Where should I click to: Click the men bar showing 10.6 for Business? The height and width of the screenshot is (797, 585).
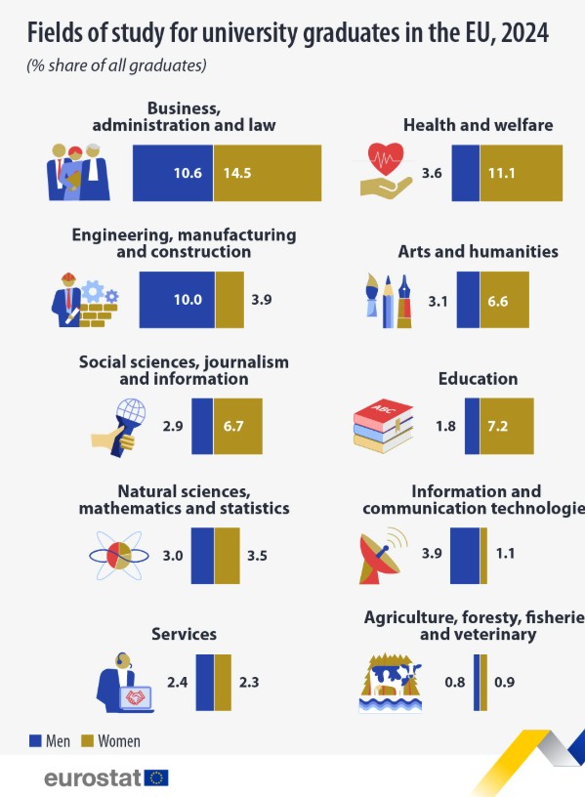click(173, 173)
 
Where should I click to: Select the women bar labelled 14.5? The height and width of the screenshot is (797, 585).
click(268, 173)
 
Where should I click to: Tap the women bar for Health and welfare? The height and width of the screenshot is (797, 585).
click(522, 173)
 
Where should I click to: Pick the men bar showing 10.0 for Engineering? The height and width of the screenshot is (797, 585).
click(177, 300)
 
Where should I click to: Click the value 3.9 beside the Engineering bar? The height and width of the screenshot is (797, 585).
click(261, 300)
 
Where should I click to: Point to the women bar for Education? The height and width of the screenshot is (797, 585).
click(507, 426)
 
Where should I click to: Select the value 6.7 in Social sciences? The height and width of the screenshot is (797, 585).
click(233, 426)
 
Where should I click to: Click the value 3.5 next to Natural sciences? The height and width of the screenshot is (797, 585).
click(257, 556)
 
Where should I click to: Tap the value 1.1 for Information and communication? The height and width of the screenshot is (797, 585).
click(505, 553)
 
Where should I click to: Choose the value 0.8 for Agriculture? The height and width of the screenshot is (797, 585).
click(455, 682)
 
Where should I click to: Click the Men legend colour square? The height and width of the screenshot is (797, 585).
click(35, 740)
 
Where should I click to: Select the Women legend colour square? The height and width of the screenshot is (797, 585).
click(88, 740)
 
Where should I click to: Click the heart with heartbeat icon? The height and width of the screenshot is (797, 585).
click(387, 158)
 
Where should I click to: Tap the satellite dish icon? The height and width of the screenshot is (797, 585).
click(380, 558)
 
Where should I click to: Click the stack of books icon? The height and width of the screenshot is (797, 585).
click(383, 426)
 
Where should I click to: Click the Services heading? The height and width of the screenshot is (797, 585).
click(184, 634)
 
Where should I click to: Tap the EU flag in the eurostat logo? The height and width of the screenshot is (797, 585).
click(156, 777)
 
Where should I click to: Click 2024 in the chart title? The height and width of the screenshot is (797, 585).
click(525, 33)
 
